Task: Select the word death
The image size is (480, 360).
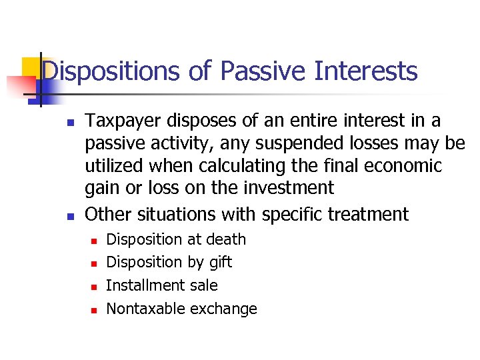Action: point(225,239)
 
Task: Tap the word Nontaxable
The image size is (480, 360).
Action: point(146,309)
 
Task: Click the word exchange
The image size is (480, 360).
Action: point(223,309)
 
